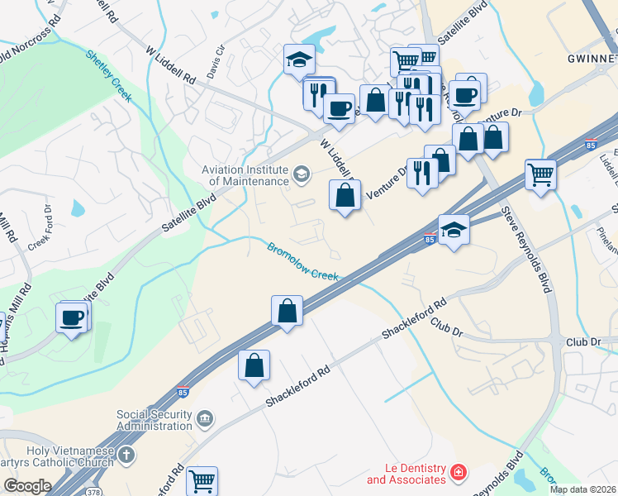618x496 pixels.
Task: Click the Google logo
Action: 27,486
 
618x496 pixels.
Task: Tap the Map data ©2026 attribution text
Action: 582,489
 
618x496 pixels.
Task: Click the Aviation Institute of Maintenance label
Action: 245,174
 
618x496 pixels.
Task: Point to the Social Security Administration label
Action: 154,420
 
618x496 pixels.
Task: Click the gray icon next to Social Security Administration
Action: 206,420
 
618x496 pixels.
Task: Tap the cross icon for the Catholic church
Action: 126,455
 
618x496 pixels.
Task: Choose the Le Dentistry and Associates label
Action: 405,474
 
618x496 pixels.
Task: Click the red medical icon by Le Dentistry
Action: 458,474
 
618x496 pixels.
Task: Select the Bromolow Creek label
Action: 302,260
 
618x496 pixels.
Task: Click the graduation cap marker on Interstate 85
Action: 454,230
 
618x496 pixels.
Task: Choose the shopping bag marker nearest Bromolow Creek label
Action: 287,312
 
